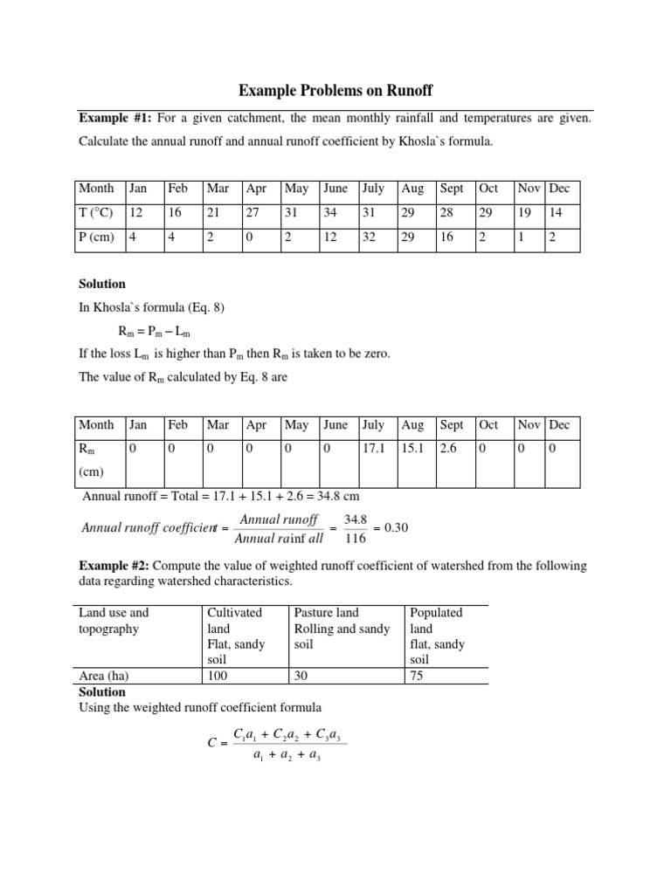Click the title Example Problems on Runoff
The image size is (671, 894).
[x=335, y=91]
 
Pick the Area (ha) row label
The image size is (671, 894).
[x=106, y=676]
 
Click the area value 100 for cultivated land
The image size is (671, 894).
[x=217, y=676]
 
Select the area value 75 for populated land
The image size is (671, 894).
[x=417, y=676]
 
